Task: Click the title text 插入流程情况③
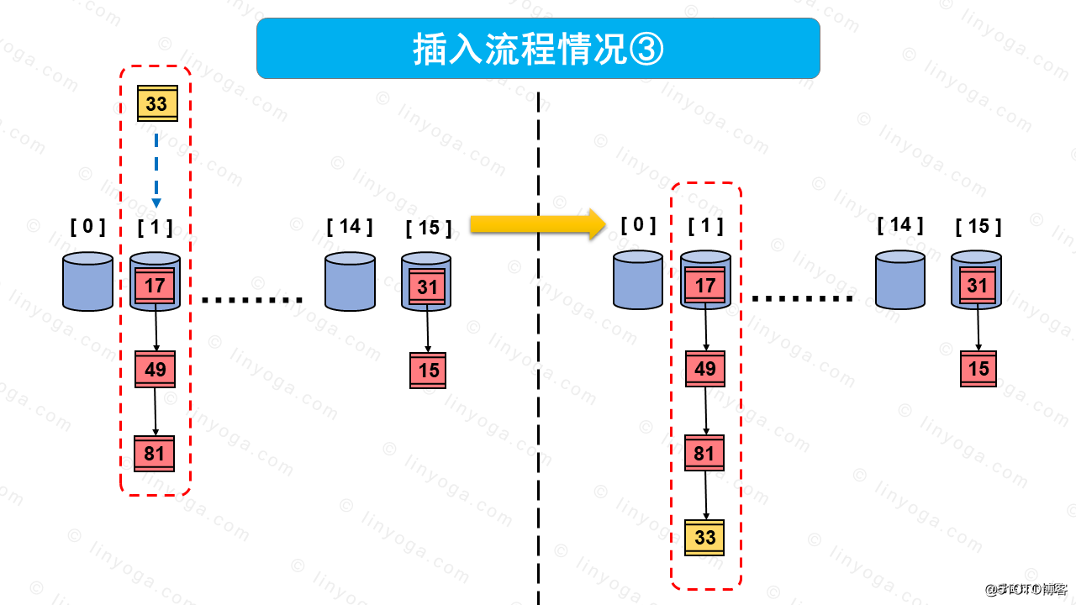click(538, 50)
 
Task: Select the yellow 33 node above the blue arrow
click(157, 103)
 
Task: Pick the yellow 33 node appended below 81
click(704, 537)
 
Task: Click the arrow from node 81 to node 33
click(705, 496)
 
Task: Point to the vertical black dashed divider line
click(538, 378)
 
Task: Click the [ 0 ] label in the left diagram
click(88, 226)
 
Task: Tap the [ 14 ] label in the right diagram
click(899, 224)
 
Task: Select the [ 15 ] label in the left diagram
click(428, 228)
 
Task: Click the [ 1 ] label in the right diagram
click(705, 225)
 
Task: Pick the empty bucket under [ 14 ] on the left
click(350, 282)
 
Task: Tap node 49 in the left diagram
click(156, 369)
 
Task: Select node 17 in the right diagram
click(704, 286)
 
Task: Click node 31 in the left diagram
click(428, 287)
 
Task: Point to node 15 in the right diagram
click(978, 369)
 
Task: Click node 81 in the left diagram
click(155, 454)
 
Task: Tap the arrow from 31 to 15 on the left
click(428, 330)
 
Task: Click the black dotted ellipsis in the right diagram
click(803, 299)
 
